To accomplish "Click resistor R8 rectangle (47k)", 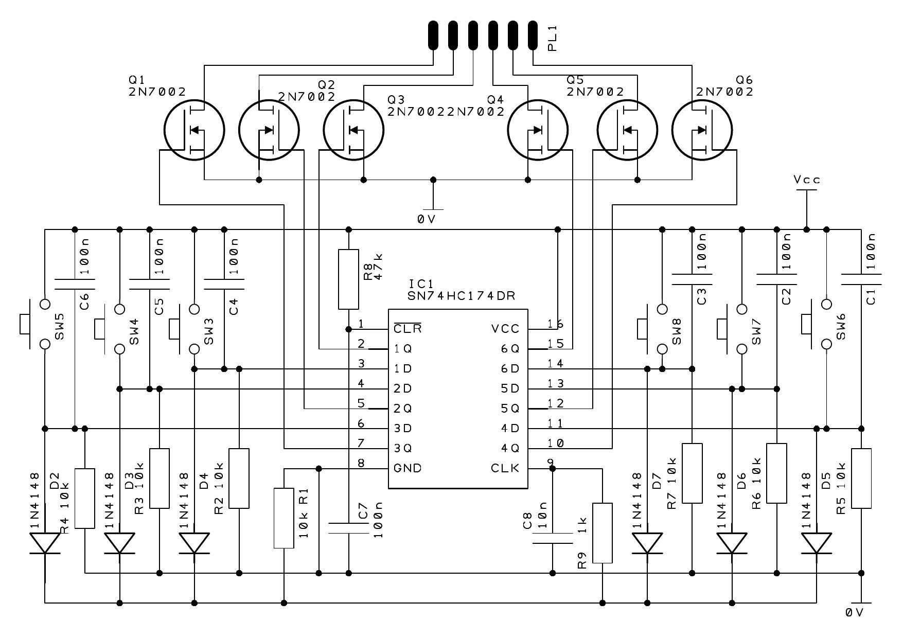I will point(348,279).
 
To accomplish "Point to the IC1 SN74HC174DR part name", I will point(461,296).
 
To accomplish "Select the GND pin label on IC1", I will point(407,468).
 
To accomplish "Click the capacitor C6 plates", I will point(75,285).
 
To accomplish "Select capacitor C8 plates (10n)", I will point(552,538).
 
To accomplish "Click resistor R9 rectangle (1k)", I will point(603,533).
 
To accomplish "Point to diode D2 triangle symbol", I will point(45,543).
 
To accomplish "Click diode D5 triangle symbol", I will point(816,543).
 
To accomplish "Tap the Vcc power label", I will point(806,180).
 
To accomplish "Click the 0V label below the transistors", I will point(427,219).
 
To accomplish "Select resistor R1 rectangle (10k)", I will point(284,518).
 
